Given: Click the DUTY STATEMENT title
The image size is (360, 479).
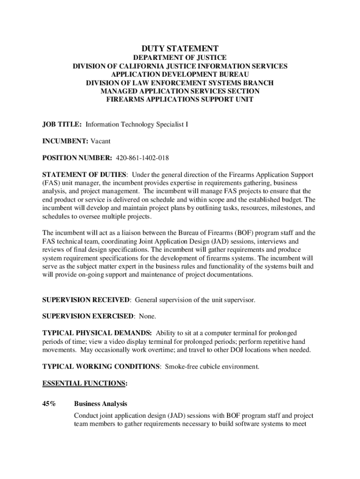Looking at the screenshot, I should (x=180, y=48).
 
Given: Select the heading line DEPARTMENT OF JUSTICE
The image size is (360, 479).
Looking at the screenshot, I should (x=180, y=58).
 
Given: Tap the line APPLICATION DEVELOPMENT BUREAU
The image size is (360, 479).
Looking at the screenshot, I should (x=180, y=74).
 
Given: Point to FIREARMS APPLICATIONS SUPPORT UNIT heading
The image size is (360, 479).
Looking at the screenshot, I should (x=180, y=100).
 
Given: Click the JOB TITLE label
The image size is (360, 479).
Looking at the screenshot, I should (x=62, y=124).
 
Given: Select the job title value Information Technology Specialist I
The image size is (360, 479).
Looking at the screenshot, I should (x=137, y=124).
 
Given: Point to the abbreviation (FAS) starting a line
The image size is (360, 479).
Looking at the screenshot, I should (x=51, y=183).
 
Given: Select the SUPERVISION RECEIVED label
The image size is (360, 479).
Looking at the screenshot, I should (x=86, y=300).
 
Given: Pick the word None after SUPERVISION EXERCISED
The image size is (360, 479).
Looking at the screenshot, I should (x=147, y=316).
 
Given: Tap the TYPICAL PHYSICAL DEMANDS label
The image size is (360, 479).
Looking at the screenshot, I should (x=97, y=333).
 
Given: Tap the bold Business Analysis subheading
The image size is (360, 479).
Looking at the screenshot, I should (x=101, y=403).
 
